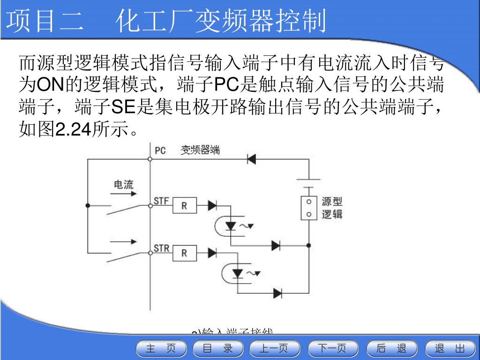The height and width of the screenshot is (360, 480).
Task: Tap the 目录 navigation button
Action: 218,348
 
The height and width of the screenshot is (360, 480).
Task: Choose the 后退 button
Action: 391,348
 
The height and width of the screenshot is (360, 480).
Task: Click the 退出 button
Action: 449,348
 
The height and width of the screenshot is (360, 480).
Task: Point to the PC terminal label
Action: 160,150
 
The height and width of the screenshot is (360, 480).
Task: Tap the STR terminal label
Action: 162,249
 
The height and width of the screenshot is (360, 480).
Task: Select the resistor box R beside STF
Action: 184,205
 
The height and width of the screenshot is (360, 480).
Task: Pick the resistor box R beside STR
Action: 184,253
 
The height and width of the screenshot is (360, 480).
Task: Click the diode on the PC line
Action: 251,159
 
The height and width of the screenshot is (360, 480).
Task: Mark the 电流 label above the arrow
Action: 124,184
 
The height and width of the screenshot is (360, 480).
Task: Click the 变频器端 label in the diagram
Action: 200,150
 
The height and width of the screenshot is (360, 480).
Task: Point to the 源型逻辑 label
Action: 332,208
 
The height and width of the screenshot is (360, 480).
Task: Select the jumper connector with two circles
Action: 308,208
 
